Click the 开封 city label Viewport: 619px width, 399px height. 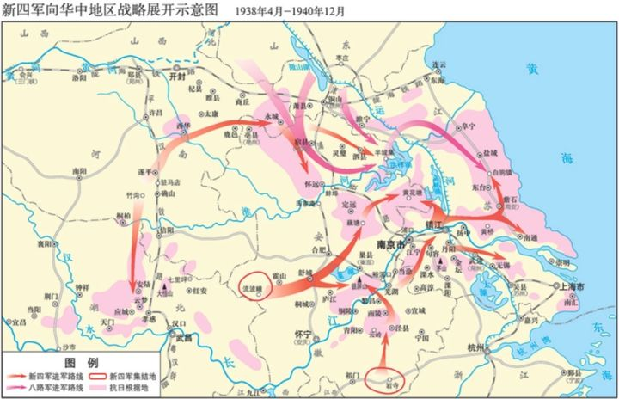(x=178, y=76)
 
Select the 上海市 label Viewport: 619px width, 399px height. (x=571, y=285)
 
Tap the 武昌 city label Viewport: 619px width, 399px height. (x=183, y=338)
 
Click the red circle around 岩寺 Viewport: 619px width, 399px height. (x=384, y=379)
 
